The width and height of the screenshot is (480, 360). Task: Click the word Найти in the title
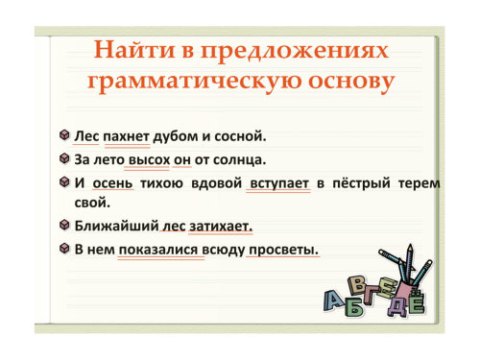click(x=134, y=51)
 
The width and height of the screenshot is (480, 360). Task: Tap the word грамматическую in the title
click(x=195, y=82)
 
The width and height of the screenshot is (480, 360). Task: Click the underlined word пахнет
click(x=127, y=136)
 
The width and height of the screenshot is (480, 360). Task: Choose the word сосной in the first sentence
click(x=240, y=136)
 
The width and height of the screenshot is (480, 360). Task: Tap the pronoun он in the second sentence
click(x=182, y=160)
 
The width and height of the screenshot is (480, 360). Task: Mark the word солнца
click(x=239, y=159)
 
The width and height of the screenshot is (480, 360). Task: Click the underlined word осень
click(x=112, y=183)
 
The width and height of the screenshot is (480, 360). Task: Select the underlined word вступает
click(x=279, y=183)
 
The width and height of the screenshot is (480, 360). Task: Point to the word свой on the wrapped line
click(x=92, y=203)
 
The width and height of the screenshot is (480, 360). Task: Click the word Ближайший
click(x=116, y=226)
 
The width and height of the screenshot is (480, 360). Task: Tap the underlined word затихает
click(x=221, y=227)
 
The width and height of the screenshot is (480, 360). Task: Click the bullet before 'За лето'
click(x=64, y=158)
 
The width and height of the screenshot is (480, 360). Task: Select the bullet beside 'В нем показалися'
click(x=64, y=249)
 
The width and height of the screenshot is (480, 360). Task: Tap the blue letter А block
click(x=334, y=300)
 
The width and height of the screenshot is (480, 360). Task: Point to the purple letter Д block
click(x=397, y=306)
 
